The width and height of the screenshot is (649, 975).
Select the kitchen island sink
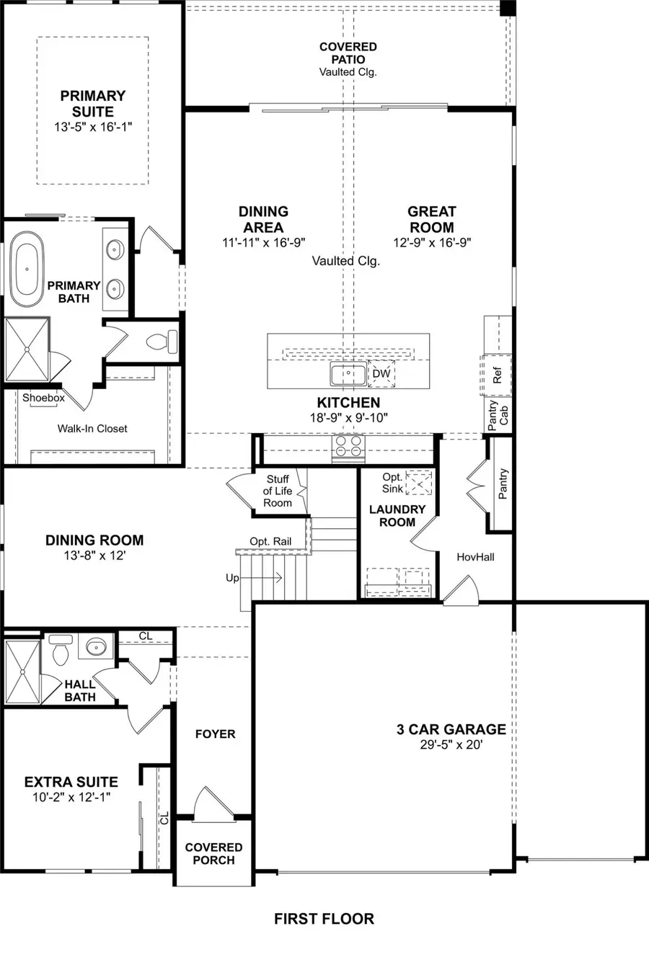pos(348,374)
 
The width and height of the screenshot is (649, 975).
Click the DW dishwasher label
pos(381,374)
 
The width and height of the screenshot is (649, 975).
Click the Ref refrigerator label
pos(497,375)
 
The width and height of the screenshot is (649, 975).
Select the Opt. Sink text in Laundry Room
pos(392,483)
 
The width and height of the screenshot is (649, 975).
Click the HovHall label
pos(475,557)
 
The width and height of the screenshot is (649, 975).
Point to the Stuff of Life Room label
pos(278,491)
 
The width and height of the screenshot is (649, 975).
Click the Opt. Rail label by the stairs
pos(270,541)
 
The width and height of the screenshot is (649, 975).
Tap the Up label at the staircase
pos(232,578)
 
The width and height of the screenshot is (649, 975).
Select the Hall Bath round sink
pos(96,647)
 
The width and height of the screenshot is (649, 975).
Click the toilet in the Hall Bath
pos(61,650)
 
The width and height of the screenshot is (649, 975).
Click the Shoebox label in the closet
pos(43,398)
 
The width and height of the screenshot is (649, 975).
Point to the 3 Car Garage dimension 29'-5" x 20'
pos(451,745)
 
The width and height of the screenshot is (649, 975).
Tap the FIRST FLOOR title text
pos(324,919)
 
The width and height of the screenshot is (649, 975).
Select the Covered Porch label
pos(213,854)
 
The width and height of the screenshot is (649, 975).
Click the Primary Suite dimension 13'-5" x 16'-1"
pos(92,127)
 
